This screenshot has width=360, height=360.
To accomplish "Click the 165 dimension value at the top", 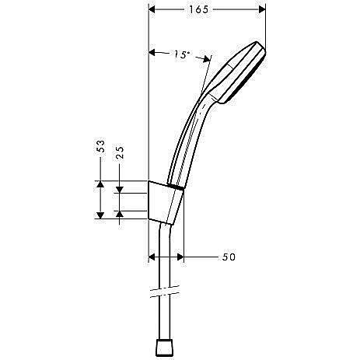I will tap(207, 10).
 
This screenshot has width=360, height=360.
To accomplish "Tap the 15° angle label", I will tap(182, 54).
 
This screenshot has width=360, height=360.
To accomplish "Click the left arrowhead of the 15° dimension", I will tap(152, 52).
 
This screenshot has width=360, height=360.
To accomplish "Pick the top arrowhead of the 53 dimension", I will tap(100, 184).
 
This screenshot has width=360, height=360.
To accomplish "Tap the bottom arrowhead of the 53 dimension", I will tap(100, 215).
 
